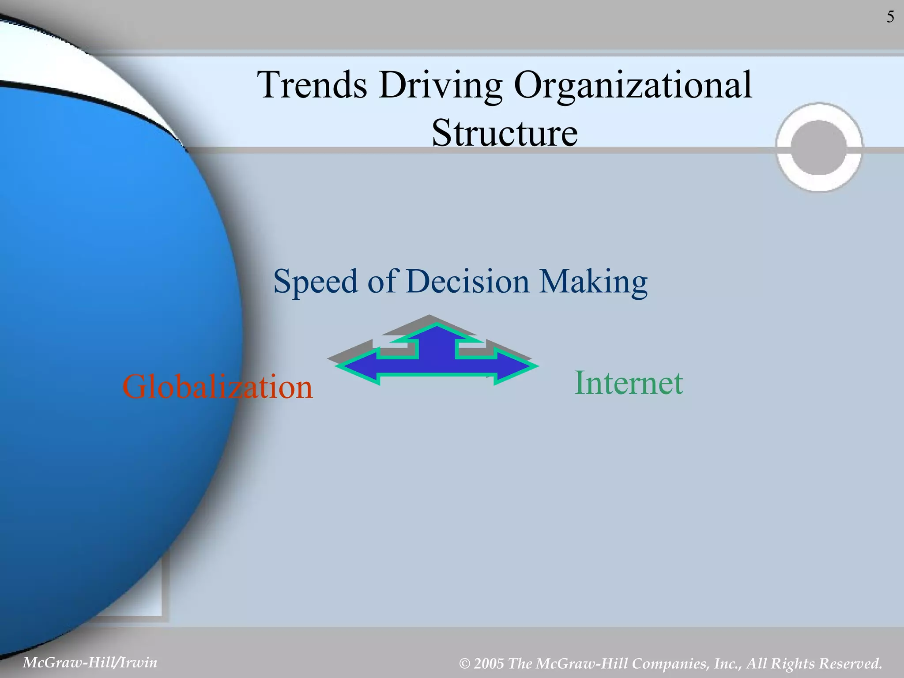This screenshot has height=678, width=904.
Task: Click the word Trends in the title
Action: (x=312, y=85)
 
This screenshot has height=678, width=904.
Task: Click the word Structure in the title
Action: (x=505, y=133)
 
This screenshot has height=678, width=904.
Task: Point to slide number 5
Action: (x=890, y=17)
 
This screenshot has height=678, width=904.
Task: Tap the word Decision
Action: (x=467, y=281)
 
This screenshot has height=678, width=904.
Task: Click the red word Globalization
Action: (x=217, y=387)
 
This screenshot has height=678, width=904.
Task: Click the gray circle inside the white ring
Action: (x=819, y=147)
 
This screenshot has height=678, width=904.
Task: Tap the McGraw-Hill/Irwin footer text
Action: (x=90, y=662)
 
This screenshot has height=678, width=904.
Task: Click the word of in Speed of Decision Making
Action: (x=382, y=281)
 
